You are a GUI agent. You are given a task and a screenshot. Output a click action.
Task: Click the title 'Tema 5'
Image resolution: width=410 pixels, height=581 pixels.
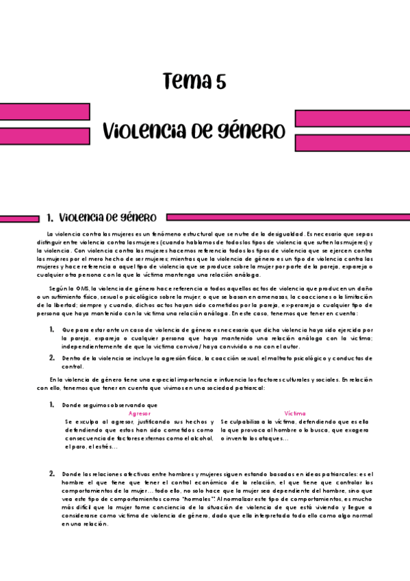point(194,82)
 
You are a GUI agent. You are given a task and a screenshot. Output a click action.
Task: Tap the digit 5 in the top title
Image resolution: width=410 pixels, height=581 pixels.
point(220,82)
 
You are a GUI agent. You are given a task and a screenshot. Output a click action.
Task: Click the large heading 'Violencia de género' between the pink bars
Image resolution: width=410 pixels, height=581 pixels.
point(194,130)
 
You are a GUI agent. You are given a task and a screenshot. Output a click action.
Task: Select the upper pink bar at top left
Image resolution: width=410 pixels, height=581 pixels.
point(45,112)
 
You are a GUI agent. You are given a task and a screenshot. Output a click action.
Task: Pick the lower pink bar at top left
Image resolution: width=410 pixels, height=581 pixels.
point(45,136)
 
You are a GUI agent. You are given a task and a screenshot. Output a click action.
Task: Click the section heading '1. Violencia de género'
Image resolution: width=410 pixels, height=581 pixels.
point(101,218)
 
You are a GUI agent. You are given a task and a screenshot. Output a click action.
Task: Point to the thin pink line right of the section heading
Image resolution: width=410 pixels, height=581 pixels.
point(287,219)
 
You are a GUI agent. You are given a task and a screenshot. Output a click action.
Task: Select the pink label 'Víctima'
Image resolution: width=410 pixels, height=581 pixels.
point(295,414)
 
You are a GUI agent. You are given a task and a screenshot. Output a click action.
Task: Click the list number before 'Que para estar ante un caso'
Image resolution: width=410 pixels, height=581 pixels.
point(52,330)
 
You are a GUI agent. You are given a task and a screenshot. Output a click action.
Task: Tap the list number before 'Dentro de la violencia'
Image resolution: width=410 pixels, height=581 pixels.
point(52,358)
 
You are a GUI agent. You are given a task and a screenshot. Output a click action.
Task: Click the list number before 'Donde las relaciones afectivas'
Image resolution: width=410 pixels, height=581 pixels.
point(52,473)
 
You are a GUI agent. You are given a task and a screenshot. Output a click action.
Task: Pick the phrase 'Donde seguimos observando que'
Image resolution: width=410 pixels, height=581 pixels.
point(110,405)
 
